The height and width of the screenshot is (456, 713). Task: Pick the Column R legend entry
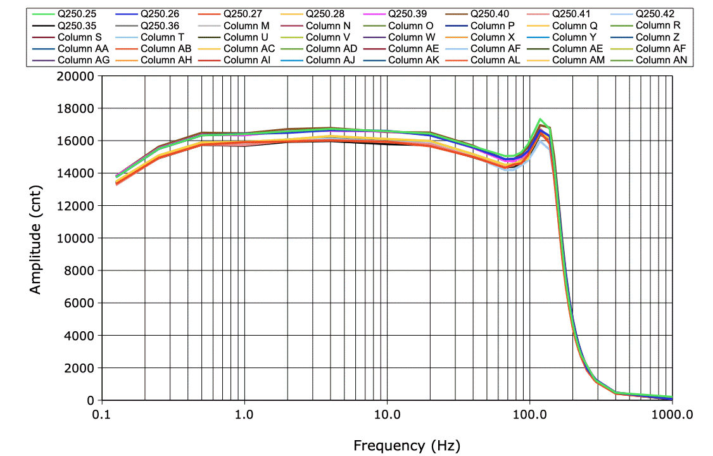(x=658, y=25)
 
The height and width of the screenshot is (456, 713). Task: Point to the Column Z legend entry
(x=658, y=37)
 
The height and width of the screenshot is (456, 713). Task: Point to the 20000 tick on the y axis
(x=75, y=76)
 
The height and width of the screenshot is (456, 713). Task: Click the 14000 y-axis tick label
(x=75, y=174)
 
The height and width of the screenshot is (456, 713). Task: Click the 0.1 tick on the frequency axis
(x=101, y=415)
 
